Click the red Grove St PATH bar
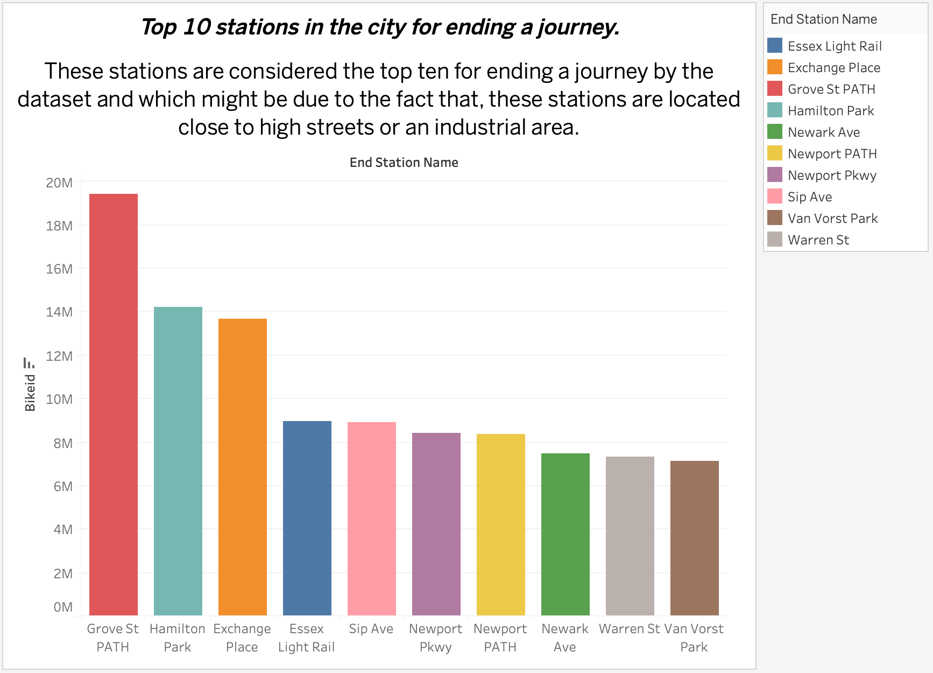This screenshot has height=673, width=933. (114, 404)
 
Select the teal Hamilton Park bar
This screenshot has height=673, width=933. (178, 460)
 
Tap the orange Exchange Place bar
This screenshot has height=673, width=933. (243, 466)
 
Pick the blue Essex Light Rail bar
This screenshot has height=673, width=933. (307, 517)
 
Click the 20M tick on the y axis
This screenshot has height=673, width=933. (59, 183)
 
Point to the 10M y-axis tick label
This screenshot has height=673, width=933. (59, 399)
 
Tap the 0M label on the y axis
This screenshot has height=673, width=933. (63, 607)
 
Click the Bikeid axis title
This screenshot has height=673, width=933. (30, 393)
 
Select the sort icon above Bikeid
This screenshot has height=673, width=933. (29, 362)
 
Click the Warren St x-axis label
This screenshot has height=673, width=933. (629, 629)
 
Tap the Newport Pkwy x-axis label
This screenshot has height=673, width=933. (436, 637)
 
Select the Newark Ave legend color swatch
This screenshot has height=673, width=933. (774, 132)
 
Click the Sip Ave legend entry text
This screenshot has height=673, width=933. (809, 197)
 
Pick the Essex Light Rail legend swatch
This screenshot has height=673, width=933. (774, 46)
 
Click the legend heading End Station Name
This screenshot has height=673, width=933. (823, 19)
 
